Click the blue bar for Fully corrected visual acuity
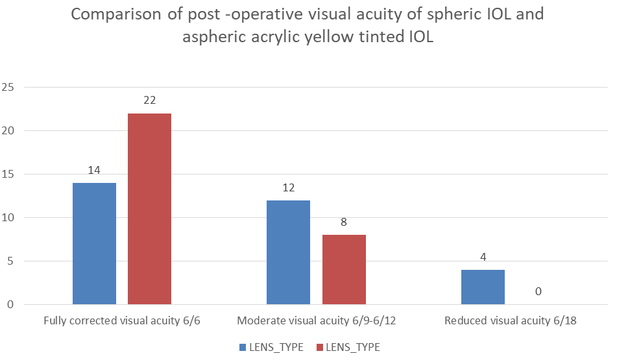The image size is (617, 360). coord(94,243)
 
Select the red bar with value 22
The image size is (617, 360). coord(149,209)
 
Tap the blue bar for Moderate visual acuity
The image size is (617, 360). coord(288,252)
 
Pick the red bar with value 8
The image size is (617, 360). coord(344,269)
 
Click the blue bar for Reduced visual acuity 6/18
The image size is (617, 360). coord(483,287)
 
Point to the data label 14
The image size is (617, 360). coord(94,170)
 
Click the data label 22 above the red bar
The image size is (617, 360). coord(149,101)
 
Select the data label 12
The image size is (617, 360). coord(288,187)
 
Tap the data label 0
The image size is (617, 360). coord(538,291)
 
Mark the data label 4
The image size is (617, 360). coord(483,257)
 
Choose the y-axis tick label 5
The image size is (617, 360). coord(11,261)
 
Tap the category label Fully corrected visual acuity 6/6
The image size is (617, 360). coord(121,320)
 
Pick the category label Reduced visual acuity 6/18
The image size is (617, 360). coord(510,320)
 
